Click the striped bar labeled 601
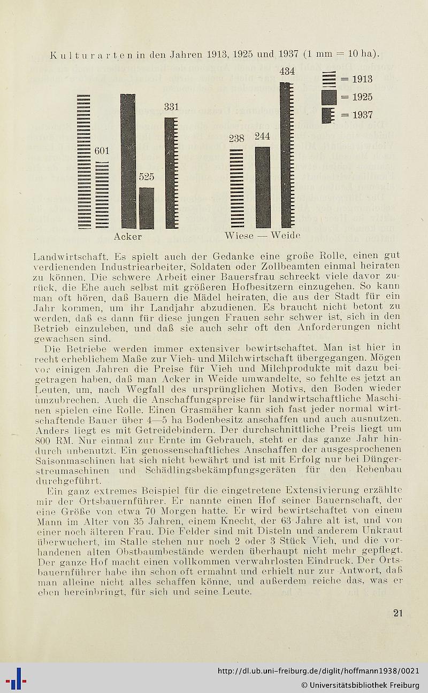[x=102, y=195]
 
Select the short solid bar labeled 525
[x=147, y=208]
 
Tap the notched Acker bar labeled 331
[x=171, y=173]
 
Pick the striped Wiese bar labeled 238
[x=236, y=188]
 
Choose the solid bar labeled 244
[x=262, y=187]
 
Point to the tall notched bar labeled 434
[x=287, y=155]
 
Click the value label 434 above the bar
[x=287, y=71]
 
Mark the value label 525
[x=147, y=177]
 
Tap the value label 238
[x=236, y=138]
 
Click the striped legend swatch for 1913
[x=329, y=79]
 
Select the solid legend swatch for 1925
[x=329, y=97]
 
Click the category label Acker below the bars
[x=128, y=236]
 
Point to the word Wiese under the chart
[x=239, y=236]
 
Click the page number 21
[x=398, y=613]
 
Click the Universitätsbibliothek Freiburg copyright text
[x=360, y=685]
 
